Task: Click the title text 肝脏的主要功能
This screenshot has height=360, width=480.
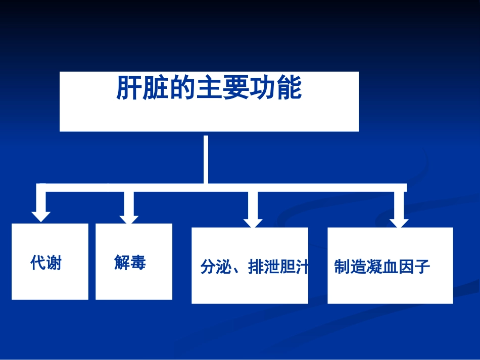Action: pos(209,88)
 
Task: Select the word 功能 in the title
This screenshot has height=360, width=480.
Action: pos(276,88)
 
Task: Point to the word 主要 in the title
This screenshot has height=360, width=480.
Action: pos(222,88)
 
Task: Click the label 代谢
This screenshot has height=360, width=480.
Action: pos(46,263)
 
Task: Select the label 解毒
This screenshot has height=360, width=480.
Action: pos(130,263)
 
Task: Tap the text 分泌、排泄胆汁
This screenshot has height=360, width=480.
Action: pos(254,267)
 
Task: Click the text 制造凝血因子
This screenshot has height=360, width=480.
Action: pos(382,267)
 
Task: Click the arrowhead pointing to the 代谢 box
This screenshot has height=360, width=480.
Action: pos(41,217)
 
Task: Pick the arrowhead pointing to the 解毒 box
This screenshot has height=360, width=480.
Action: pos(129,220)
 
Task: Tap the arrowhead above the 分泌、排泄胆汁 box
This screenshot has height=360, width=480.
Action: pos(253,223)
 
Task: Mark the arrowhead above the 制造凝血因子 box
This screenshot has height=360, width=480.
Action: pos(399,223)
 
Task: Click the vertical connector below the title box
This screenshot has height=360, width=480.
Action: pos(206,160)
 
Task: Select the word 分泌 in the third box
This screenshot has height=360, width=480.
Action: pos(216,267)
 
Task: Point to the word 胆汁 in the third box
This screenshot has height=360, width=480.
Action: pos(294,267)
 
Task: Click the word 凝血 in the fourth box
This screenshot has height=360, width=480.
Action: pos(382,267)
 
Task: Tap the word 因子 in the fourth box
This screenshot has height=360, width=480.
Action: pos(414,267)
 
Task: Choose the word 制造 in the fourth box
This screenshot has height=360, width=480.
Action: pos(350,267)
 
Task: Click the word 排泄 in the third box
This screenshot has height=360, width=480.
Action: pos(264,267)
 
